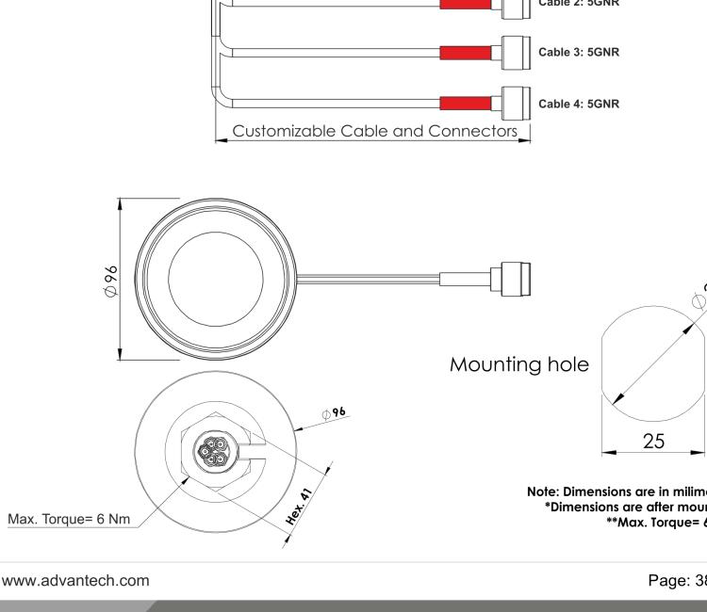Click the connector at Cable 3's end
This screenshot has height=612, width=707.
512,49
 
